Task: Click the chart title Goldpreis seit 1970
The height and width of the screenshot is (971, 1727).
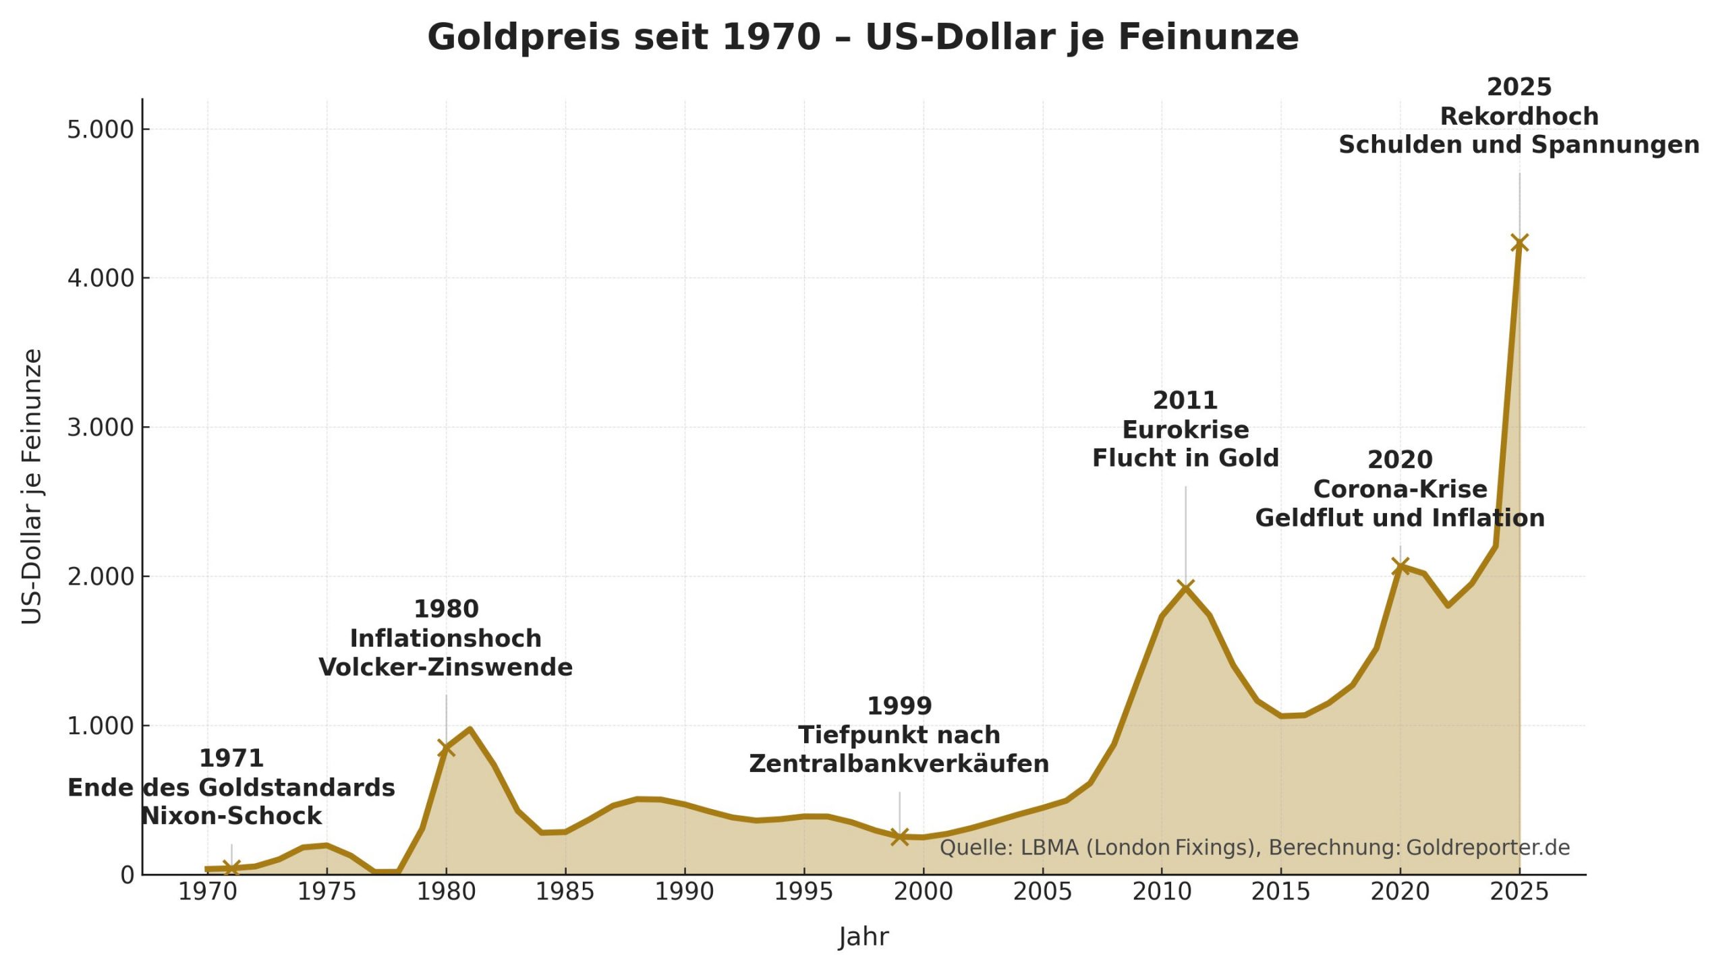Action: coord(863,37)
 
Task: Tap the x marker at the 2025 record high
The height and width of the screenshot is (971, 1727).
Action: coord(1519,243)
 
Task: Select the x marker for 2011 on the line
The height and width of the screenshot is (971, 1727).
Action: coord(1185,588)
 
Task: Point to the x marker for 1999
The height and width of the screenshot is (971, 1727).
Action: coord(899,837)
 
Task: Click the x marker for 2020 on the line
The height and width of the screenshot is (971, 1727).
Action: coord(1400,566)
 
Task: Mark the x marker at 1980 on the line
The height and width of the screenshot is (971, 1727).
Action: coord(446,748)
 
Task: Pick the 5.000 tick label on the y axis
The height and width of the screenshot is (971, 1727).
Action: coord(101,129)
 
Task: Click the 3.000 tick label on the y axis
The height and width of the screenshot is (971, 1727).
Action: coord(101,428)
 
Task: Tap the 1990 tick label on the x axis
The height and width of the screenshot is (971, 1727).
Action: coord(684,892)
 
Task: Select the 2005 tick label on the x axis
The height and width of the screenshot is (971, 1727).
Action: coord(1042,892)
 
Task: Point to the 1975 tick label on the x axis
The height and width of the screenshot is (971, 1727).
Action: coord(327,892)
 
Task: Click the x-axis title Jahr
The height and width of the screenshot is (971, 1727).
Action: coord(863,937)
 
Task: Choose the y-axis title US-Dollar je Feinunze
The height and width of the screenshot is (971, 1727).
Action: coord(32,486)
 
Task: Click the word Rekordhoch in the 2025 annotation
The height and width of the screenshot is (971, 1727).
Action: coord(1519,117)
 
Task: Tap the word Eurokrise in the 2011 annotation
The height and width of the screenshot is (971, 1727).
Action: coord(1185,430)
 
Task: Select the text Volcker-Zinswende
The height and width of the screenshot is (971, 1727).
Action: coord(446,668)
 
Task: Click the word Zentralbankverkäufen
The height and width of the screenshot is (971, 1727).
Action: coord(899,764)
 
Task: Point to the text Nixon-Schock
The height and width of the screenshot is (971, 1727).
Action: coord(231,817)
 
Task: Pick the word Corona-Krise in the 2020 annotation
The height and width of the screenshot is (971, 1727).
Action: coord(1400,489)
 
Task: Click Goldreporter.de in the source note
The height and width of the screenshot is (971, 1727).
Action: coord(1488,848)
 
